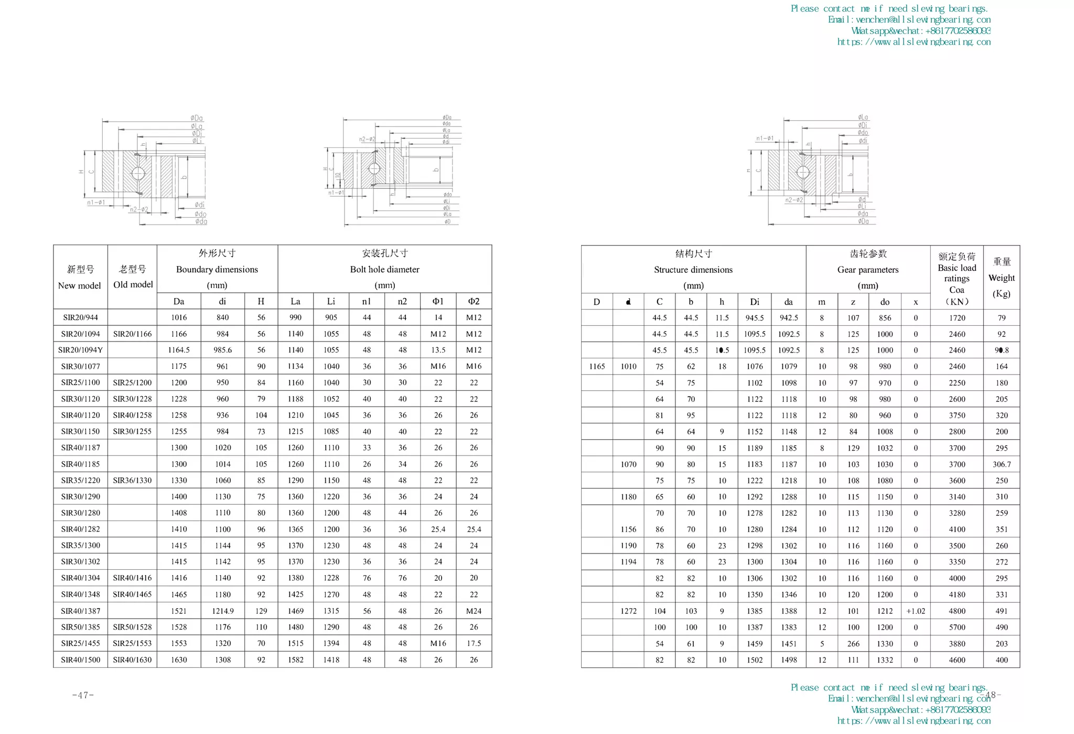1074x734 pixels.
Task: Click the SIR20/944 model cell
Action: [x=80, y=317]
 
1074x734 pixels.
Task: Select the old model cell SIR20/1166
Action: [x=132, y=334]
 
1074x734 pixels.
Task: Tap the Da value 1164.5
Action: [x=179, y=350]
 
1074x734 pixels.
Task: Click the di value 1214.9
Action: [x=222, y=611]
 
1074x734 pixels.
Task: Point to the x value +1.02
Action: [x=916, y=611]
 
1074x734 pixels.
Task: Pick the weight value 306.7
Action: [x=1002, y=464]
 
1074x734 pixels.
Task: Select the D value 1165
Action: [x=597, y=366]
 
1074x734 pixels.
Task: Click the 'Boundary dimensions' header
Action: [x=217, y=269]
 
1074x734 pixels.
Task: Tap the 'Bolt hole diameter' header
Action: [x=384, y=269]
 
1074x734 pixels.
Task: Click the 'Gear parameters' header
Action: [x=868, y=270]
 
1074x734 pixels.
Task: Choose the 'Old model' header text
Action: [x=133, y=284]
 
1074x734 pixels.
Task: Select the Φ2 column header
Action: [x=474, y=301]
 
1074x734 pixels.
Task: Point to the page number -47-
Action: [x=83, y=695]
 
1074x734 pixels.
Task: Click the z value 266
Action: [x=853, y=643]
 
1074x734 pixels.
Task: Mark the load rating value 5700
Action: [x=957, y=627]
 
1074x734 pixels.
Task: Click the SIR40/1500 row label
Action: [x=80, y=659]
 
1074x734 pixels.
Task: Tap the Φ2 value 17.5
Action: [x=474, y=643]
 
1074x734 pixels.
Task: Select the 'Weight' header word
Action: [x=1001, y=278]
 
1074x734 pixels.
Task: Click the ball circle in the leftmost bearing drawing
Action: [x=138, y=174]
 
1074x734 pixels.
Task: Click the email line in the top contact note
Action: [x=909, y=19]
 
